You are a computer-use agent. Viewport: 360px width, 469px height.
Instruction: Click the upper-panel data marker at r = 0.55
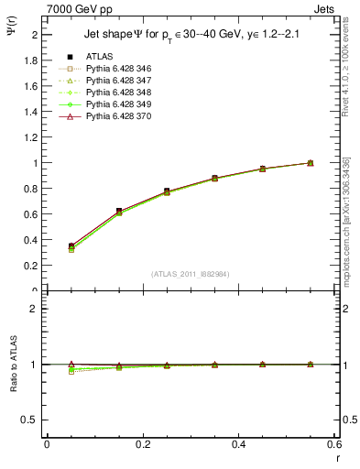(311, 163)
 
